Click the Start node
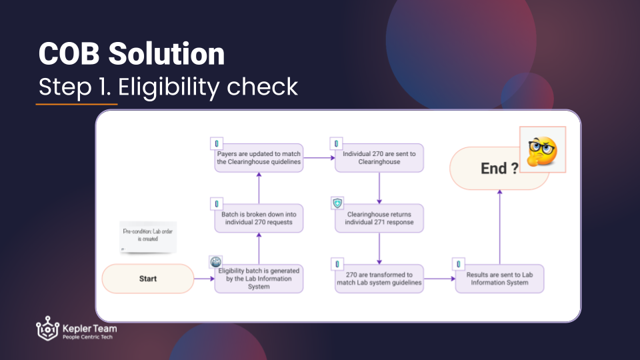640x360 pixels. [148, 279]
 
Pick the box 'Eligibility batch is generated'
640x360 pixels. [259, 279]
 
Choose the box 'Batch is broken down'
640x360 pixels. [259, 219]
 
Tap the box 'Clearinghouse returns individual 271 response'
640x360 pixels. [379, 219]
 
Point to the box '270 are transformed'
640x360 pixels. [379, 279]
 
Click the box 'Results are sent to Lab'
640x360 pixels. [499, 279]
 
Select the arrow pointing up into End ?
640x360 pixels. [499, 227]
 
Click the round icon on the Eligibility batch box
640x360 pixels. [215, 261]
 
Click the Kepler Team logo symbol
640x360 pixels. [47, 328]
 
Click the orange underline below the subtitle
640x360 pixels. [77, 104]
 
